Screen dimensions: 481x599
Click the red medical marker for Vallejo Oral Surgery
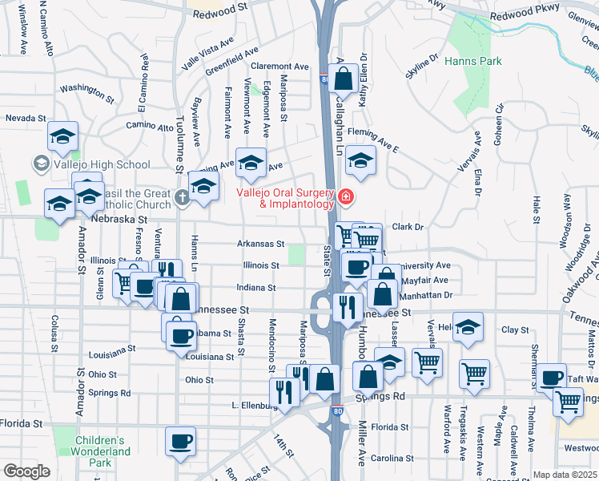pos(346,196)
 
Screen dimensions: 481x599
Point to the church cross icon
pos(183,197)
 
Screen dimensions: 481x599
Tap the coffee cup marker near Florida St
pos(180,440)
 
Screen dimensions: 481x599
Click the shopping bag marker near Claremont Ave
pos(343,79)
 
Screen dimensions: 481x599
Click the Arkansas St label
pos(260,244)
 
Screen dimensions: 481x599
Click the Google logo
pos(27,471)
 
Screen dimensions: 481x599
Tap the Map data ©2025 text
pos(565,475)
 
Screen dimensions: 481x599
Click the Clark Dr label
pos(408,227)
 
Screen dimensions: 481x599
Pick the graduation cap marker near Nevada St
pos(62,135)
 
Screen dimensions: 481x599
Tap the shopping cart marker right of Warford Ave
pos(474,373)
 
